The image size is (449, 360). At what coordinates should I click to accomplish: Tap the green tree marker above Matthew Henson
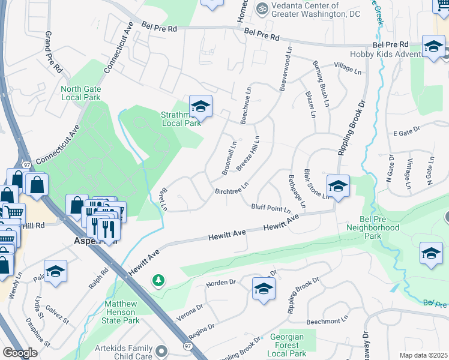(x=158, y=280)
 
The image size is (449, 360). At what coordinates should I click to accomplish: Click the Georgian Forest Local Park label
(x=286, y=345)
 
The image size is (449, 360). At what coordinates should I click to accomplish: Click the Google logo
(x=19, y=353)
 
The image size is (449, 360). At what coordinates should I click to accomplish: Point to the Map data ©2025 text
(x=423, y=355)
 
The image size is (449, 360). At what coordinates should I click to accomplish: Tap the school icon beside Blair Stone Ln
(x=338, y=186)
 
